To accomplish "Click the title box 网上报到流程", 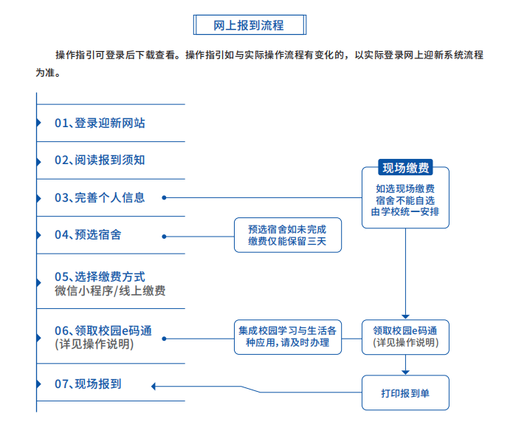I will point(249,25).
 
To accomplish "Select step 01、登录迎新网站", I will point(100,123).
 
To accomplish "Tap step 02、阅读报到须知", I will point(100,160).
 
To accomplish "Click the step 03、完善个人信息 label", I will point(100,197).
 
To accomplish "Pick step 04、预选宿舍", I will point(88,235).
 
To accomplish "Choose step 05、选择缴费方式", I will point(100,277).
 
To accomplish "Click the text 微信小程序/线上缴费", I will point(110,291).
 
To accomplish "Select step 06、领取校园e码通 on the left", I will point(103,330).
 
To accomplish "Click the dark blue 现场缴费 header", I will point(405,168).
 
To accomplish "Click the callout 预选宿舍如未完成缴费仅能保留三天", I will point(288,235).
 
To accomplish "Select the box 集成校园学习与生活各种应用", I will point(288,337).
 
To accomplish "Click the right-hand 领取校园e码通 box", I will point(405,337).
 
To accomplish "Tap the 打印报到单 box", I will point(405,393).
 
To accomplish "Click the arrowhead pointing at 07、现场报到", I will point(154,384).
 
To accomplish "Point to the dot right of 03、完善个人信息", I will point(164,197).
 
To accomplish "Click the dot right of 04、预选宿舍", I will point(164,236).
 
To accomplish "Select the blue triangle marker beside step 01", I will point(39,123).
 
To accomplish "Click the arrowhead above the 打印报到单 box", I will point(405,371).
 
